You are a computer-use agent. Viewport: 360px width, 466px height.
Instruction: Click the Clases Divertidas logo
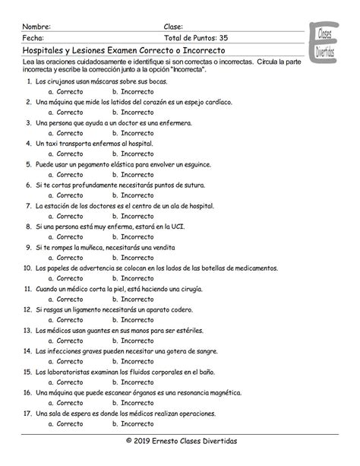coord(324,43)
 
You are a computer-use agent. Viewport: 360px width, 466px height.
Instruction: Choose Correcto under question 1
coord(70,91)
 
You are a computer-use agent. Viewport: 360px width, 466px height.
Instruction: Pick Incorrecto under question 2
coord(135,112)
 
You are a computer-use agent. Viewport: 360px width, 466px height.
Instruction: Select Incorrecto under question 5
coord(135,174)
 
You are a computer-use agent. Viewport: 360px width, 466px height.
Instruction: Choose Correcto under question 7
coord(70,215)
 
